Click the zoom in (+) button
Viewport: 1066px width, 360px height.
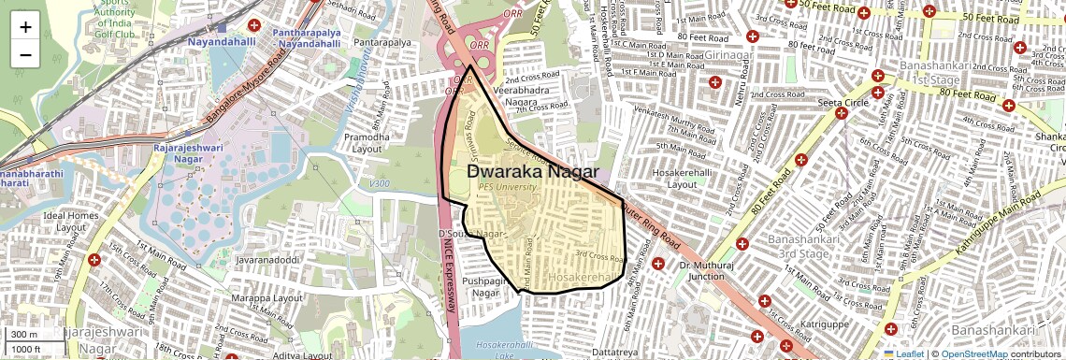tap(25, 26)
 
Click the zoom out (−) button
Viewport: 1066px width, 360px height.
tap(25, 54)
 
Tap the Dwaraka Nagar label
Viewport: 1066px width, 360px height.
tap(533, 172)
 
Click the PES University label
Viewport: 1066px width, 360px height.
tap(509, 187)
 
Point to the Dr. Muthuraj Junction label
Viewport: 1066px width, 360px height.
tap(708, 270)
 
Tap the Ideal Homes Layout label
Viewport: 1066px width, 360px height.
tap(70, 222)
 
